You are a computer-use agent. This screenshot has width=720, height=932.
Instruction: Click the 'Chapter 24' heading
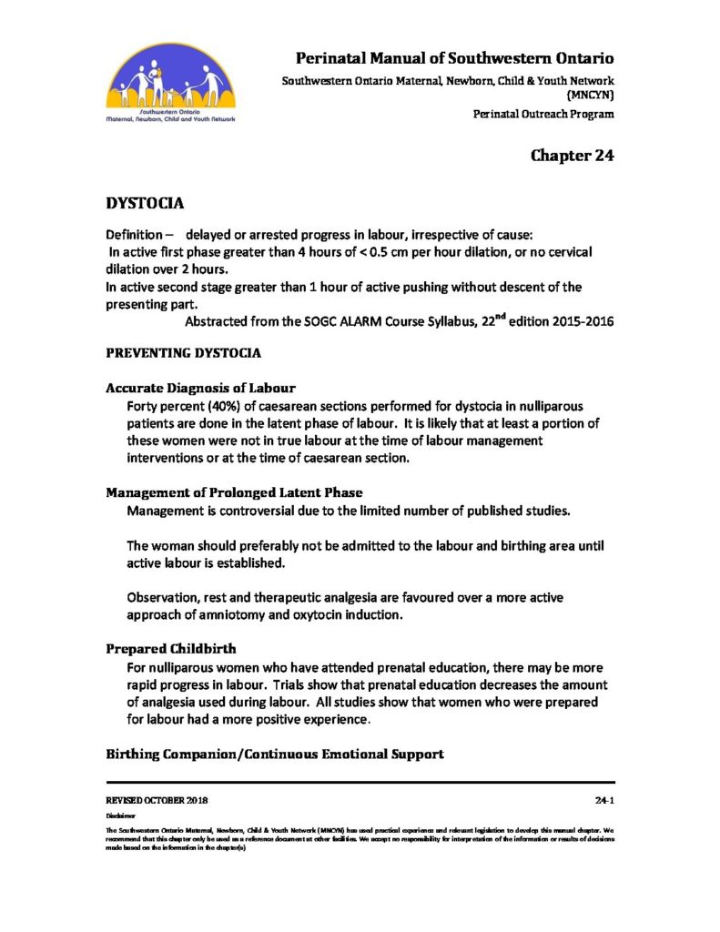(x=572, y=156)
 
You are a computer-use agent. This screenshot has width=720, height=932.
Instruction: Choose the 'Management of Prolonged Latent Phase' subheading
(x=234, y=492)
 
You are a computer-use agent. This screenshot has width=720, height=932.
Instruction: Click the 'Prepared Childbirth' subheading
(x=170, y=650)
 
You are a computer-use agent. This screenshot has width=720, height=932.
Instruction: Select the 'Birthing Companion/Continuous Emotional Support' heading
(x=274, y=755)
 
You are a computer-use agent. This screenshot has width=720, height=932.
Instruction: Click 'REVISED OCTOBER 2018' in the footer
(x=157, y=799)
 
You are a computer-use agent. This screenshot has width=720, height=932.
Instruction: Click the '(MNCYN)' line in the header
(x=591, y=94)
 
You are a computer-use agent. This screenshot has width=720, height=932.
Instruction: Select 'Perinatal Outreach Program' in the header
(x=543, y=114)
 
